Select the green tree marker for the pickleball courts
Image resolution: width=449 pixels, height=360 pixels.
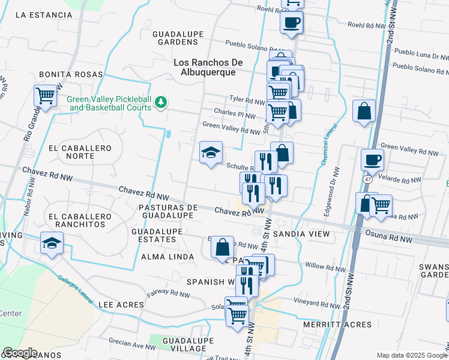(160, 103)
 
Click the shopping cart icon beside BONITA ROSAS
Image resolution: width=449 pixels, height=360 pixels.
(45, 96)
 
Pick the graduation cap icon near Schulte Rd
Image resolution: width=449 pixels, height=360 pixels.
(211, 153)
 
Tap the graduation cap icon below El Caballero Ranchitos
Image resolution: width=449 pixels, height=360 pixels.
(52, 244)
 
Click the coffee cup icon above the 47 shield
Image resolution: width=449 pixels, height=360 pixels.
(372, 160)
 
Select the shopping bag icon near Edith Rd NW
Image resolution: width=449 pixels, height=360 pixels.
(222, 247)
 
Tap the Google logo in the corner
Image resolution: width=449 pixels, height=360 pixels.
(20, 353)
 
